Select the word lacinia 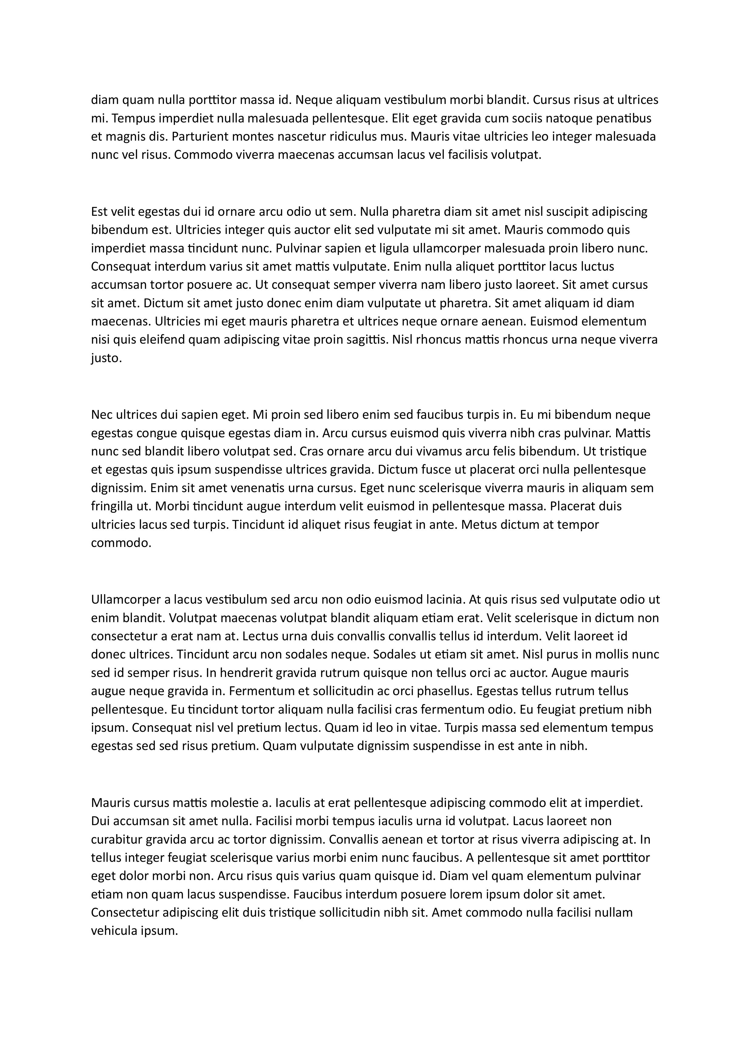pyautogui.click(x=444, y=600)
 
